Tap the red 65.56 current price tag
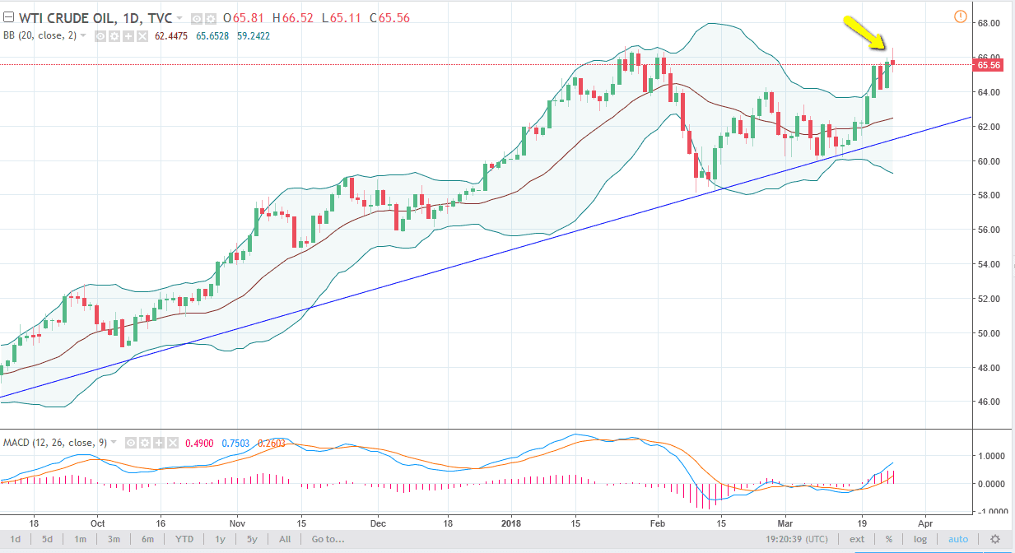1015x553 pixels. tap(988, 66)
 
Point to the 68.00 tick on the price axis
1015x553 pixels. tap(989, 23)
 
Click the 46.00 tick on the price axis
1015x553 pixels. tap(989, 402)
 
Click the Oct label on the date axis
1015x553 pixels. tap(97, 522)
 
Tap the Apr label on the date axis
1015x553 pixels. tap(924, 522)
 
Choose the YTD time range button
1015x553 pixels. tap(185, 540)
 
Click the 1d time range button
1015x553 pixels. tap(16, 540)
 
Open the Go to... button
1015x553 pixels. tap(327, 540)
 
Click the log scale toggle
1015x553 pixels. tap(920, 540)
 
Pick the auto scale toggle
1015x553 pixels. tap(957, 540)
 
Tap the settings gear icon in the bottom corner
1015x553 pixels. tap(995, 540)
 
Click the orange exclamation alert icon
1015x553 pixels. tap(960, 16)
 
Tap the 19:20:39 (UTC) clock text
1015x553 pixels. tap(794, 540)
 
